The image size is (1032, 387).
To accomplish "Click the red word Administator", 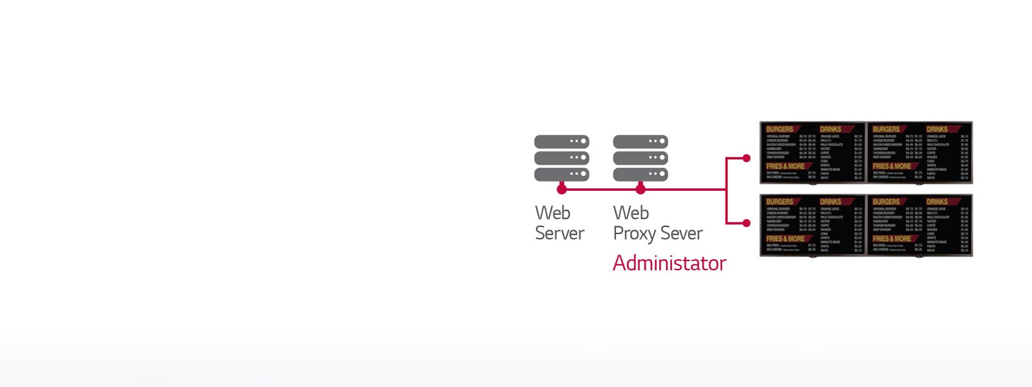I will tap(669, 263).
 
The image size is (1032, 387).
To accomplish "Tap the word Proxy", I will tap(634, 233).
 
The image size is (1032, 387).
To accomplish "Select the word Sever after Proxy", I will tap(681, 233).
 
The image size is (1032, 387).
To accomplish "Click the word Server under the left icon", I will tap(559, 233).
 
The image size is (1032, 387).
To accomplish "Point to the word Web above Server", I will tap(553, 213).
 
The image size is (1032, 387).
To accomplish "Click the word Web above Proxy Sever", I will tap(631, 213).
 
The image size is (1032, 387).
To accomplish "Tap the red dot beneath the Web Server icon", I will tap(562, 189).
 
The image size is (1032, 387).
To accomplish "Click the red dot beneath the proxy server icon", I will tap(640, 189).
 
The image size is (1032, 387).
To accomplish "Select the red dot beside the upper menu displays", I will tap(746, 158).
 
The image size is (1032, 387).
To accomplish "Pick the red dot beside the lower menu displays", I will tap(746, 223).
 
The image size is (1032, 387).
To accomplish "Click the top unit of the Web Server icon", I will tap(562, 141).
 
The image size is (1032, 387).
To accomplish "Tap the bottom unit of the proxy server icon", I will tap(640, 174).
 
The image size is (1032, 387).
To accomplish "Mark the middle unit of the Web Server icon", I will tap(562, 157).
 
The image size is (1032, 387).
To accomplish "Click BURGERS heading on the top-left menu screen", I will tap(780, 129).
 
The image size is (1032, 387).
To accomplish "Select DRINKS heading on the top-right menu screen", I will tap(937, 129).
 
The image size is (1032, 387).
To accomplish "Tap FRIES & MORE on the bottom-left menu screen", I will tap(785, 239).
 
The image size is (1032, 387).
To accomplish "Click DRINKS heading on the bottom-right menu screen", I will tap(937, 202).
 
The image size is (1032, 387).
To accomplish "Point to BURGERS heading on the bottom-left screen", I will tap(780, 202).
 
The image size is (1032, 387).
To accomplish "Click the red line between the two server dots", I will tap(601, 190).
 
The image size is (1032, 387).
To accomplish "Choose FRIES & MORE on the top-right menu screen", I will tap(891, 166).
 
